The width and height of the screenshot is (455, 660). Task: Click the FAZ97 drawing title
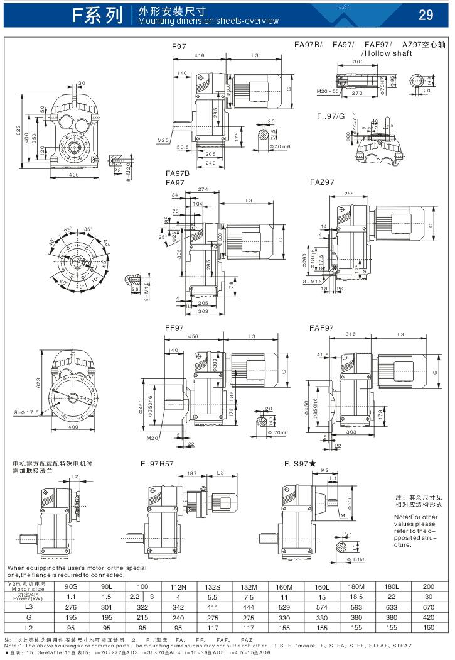322,182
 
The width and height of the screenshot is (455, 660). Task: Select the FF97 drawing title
174,328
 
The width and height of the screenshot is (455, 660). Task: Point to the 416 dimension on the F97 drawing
199,56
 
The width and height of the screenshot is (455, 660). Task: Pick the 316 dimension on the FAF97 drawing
350,334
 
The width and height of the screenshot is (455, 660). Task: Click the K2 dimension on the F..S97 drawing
325,470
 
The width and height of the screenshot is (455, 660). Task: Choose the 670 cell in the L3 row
429,607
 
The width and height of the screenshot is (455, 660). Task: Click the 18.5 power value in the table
356,596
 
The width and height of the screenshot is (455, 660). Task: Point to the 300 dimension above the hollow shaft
358,62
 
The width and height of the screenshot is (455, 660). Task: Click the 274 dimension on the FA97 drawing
203,189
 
